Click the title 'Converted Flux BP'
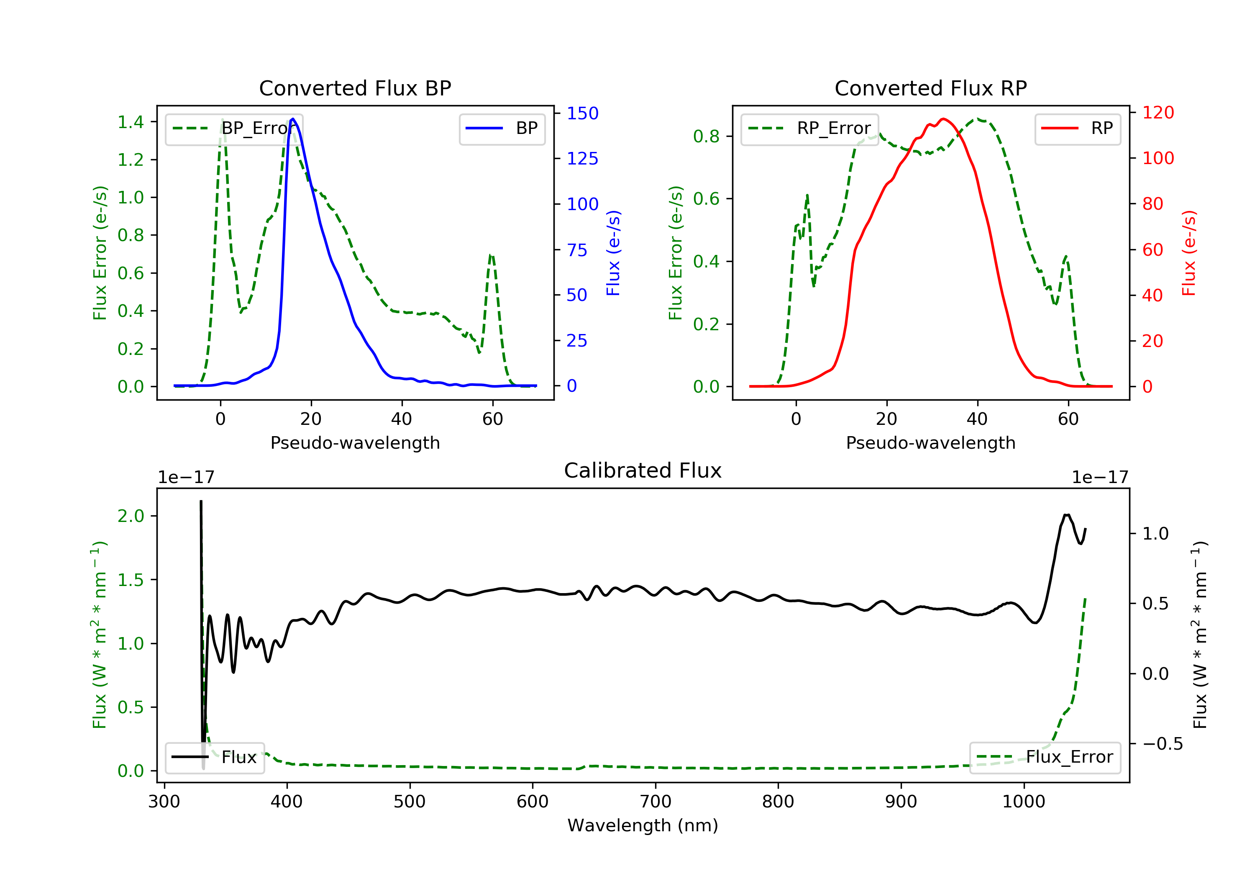coord(355,88)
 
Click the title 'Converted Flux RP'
coord(931,88)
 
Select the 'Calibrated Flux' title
coord(643,470)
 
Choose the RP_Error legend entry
coord(809,129)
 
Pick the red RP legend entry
coord(1077,129)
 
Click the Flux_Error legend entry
coord(1045,757)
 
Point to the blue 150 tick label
coord(583,113)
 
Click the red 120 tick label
coord(1158,113)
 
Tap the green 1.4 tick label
coord(131,121)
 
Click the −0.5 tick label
coord(1162,744)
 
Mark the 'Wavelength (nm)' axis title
coord(643,825)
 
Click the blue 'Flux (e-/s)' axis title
coord(613,253)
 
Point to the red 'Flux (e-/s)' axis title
coord(1189,253)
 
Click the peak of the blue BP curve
coord(293,119)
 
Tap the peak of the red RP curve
coord(943,119)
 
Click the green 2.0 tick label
coord(131,516)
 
